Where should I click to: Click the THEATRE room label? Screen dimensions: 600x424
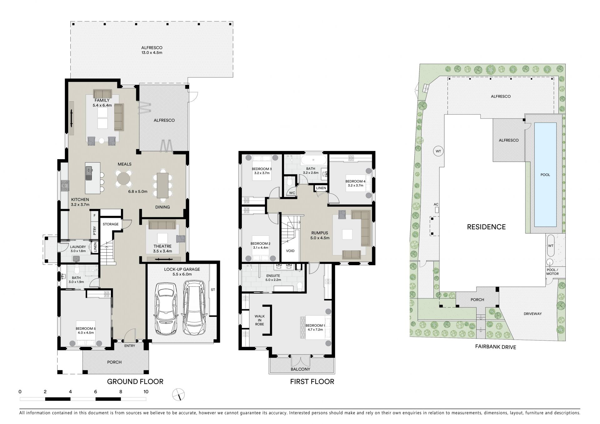click(x=162, y=246)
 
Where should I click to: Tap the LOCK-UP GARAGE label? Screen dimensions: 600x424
click(x=182, y=269)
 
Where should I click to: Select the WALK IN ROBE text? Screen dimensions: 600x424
click(x=259, y=320)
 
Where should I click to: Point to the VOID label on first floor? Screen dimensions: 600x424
click(x=290, y=251)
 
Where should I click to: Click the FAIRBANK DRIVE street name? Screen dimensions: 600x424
click(x=496, y=347)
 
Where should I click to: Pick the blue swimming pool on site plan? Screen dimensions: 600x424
click(x=545, y=174)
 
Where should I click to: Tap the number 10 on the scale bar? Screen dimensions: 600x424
click(x=146, y=391)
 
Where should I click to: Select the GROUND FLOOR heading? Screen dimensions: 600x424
click(x=135, y=381)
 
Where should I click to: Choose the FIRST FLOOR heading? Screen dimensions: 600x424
click(x=312, y=381)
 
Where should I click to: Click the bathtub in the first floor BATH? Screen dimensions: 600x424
click(x=314, y=161)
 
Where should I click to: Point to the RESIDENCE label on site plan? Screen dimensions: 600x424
click(x=486, y=227)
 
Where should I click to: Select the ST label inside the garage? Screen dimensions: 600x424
click(x=213, y=290)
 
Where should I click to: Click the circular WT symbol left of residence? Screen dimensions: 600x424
click(x=438, y=151)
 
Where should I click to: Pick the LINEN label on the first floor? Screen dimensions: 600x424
click(x=321, y=188)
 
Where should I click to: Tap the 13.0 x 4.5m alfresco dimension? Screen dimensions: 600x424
click(x=152, y=53)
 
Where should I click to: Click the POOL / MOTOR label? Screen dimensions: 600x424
click(x=552, y=272)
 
